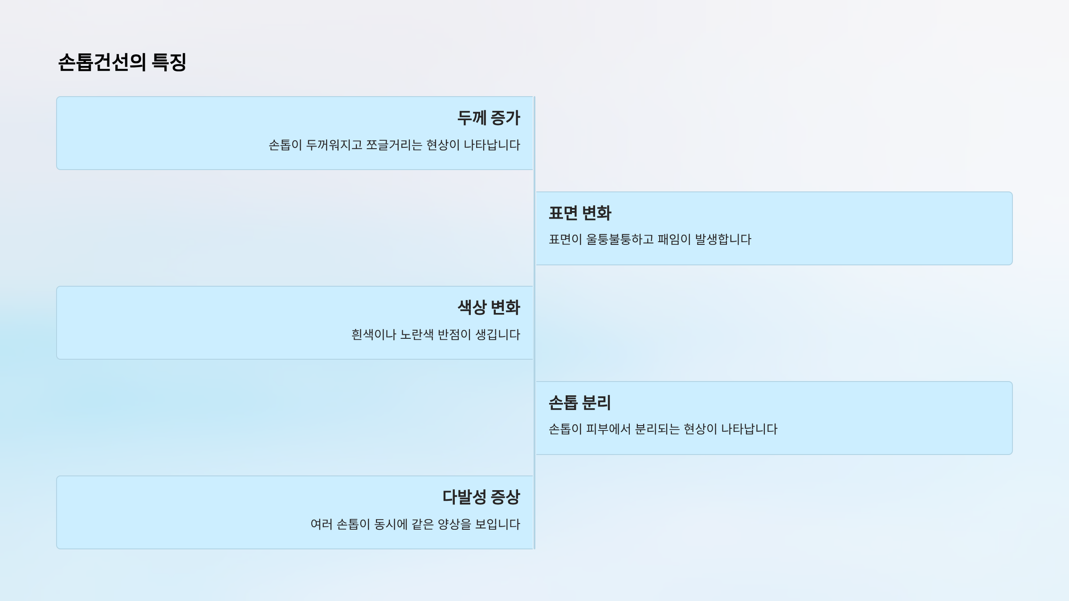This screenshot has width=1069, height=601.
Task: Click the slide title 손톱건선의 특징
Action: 122,62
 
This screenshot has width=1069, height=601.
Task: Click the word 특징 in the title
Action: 169,62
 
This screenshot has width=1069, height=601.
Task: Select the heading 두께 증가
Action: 489,118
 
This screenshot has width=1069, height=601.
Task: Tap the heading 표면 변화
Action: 580,213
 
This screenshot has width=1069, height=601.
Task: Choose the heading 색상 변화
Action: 489,308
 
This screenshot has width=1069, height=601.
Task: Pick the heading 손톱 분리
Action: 579,403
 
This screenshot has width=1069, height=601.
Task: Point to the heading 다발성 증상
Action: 481,497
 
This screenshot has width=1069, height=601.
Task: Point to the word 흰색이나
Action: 374,335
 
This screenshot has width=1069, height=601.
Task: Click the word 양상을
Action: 454,524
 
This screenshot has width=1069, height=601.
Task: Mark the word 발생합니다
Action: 723,240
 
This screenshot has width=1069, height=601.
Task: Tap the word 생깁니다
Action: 498,335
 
